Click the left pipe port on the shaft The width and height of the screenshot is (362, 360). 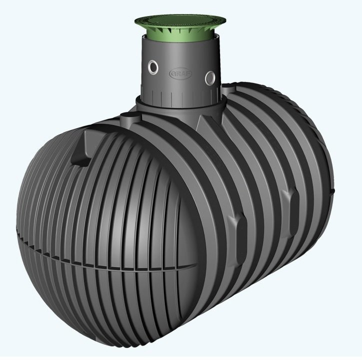point(153,67)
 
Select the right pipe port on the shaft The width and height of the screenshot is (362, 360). point(210,77)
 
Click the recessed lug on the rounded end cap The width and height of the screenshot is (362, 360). point(81,148)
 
